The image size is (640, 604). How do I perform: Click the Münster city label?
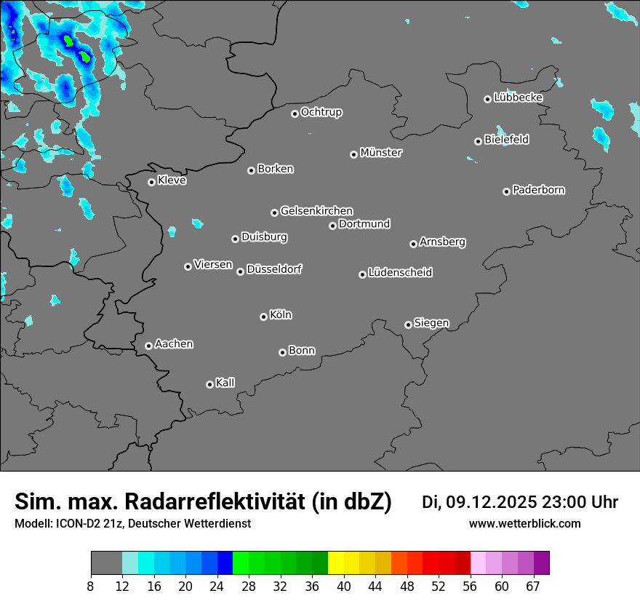point(381,153)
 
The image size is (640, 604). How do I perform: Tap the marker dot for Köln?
point(263,317)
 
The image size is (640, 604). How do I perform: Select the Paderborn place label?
point(539,190)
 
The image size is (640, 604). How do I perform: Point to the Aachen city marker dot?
point(148,346)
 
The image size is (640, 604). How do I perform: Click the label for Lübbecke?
point(519,98)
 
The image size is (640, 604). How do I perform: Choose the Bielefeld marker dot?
point(478,141)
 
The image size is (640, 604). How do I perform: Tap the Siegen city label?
point(431,323)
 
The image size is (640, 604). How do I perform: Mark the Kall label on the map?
point(225,383)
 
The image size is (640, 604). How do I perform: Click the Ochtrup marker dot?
point(295,114)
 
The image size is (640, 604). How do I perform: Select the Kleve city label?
point(172,180)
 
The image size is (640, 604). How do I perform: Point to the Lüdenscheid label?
point(400,273)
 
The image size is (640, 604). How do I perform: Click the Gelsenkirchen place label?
point(316,211)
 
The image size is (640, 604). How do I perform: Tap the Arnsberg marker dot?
point(413,244)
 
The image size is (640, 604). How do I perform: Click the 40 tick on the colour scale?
point(343,587)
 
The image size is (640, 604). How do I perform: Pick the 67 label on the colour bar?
point(534,587)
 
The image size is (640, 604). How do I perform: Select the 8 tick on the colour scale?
point(91,587)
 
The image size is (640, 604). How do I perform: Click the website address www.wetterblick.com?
point(524,524)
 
